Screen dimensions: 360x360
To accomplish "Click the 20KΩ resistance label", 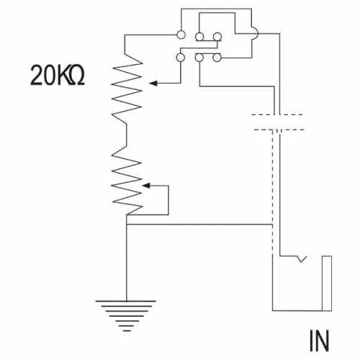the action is tap(58, 75).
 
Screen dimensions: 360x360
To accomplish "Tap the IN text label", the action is tap(319, 341).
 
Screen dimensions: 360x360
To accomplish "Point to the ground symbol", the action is tap(126, 315).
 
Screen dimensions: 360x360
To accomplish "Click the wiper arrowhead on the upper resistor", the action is tap(153, 84).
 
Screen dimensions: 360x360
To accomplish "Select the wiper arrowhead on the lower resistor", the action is tap(146, 186).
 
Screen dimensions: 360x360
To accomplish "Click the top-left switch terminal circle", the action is tap(181, 35).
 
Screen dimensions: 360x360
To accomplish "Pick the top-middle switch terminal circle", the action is tap(199, 37).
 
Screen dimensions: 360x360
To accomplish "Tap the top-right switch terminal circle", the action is tap(217, 37).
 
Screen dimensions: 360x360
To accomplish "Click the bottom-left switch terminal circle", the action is tap(181, 58).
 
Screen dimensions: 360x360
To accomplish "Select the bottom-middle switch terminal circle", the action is tap(199, 58).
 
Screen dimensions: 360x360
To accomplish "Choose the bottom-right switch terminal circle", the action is tap(217, 58).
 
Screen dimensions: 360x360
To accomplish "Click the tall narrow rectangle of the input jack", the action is tap(327, 283).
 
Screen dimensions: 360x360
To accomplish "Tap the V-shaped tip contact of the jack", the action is tap(302, 259).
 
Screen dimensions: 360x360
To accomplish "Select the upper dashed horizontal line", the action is tap(276, 114).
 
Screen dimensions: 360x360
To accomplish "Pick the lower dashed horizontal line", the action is tap(279, 130).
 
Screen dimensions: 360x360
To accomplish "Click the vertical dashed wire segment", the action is tap(272, 192).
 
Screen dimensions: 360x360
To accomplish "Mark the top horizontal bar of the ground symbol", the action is tap(126, 301).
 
